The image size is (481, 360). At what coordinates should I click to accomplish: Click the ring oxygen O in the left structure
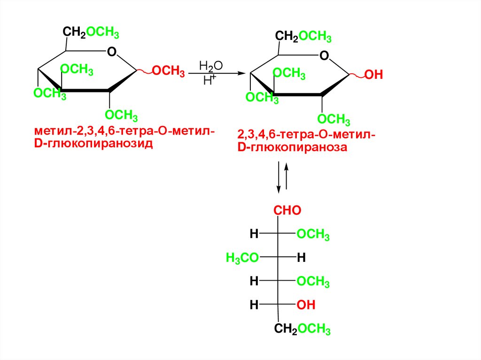coord(111,51)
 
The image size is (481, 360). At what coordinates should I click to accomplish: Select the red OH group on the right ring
coord(374,75)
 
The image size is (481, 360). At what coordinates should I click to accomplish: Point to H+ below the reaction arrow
coord(209,80)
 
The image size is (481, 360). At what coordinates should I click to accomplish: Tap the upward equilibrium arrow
coord(287,176)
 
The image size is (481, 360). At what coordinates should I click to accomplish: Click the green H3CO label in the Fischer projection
coord(242,257)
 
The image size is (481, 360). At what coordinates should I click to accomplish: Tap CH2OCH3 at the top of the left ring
coord(91,33)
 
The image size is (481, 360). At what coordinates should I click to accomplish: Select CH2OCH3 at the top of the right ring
coord(303,36)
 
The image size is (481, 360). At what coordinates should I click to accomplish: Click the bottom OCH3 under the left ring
coord(121,115)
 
